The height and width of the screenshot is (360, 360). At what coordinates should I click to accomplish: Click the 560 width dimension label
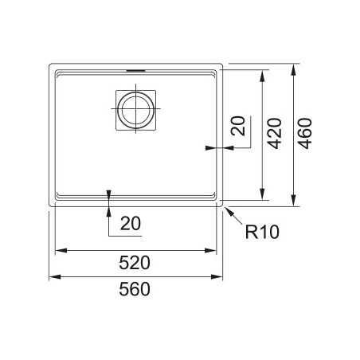click(135, 289)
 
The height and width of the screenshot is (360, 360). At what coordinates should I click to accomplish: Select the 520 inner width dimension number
click(135, 263)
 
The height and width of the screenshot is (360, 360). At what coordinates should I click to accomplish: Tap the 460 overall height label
click(304, 134)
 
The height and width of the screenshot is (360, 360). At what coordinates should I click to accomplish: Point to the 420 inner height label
click(274, 134)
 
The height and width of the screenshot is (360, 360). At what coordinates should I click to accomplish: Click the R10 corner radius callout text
click(262, 232)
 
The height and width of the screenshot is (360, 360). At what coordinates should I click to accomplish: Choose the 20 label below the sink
click(131, 224)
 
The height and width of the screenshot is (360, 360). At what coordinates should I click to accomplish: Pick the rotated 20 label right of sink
click(238, 126)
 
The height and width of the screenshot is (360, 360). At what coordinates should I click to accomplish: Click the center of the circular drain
click(135, 109)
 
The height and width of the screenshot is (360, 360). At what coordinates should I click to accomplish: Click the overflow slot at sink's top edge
click(135, 70)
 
